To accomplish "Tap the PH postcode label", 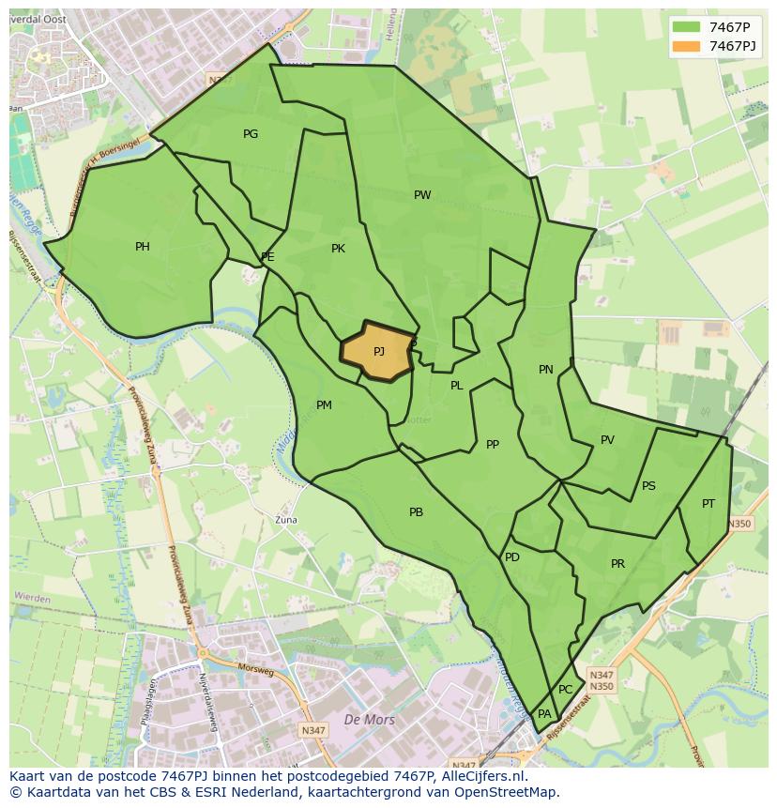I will coord(142,247).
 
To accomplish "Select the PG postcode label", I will coord(251,134).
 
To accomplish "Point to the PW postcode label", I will coord(422,195).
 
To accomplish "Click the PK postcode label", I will coord(338,249).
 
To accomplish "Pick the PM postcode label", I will coord(324,405).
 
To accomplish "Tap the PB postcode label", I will coord(416,512).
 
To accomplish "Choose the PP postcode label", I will coord(493,445).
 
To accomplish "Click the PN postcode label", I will coord(545,370).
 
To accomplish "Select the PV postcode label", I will coord(607,440).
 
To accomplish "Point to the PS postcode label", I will coord(648,486).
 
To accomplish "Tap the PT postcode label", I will coord(708,504).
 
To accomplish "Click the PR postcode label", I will coord(617,564).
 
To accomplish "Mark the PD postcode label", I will coord(511,557).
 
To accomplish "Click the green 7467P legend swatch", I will coord(686,27).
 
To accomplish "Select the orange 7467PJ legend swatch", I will coord(686,46).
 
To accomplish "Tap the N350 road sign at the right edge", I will coord(739,524).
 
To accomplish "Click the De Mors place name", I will coord(370,720).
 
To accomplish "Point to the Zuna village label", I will coord(284,519).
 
